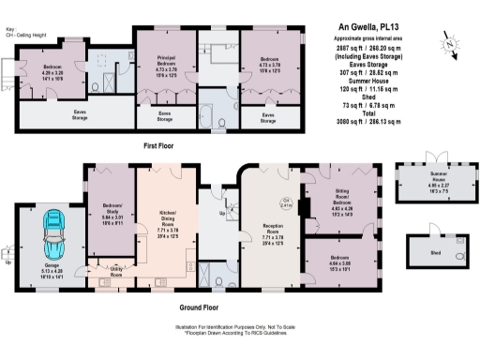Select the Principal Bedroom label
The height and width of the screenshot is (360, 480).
point(165,65)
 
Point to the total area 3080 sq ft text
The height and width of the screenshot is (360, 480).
point(369,121)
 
